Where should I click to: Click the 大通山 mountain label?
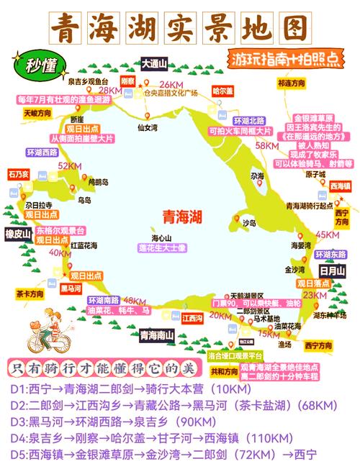pyautogui.click(x=153, y=64)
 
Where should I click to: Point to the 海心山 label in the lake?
pyautogui.click(x=161, y=238)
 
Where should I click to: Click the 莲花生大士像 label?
pyautogui.click(x=162, y=247)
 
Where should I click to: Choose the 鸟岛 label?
pyautogui.click(x=85, y=200)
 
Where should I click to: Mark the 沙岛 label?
pyautogui.click(x=249, y=222)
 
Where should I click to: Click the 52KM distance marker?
pyautogui.click(x=69, y=166)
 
